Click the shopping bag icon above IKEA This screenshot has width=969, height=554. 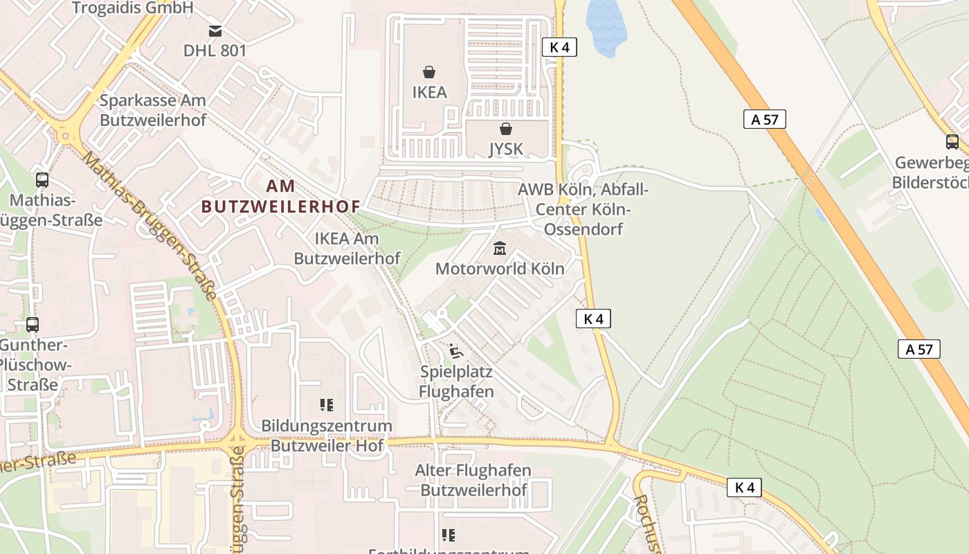click(429, 71)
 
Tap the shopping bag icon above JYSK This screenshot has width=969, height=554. click(506, 129)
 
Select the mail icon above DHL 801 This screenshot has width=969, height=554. click(215, 30)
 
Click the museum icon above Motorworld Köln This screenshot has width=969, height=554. click(499, 248)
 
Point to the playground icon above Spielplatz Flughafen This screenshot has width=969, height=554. click(455, 352)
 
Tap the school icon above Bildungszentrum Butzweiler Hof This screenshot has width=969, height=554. click(327, 405)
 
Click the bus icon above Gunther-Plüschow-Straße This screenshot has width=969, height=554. click(32, 324)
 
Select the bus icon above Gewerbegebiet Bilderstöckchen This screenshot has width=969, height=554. click(952, 142)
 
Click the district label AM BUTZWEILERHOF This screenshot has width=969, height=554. click(281, 196)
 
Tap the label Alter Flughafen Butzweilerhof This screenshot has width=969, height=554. click(473, 480)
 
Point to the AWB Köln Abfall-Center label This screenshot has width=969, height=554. click(583, 208)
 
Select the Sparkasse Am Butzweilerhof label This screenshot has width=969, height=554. click(153, 109)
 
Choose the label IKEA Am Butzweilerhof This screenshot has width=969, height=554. click(347, 248)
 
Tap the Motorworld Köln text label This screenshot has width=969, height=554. click(500, 268)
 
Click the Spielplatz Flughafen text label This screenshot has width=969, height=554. click(456, 382)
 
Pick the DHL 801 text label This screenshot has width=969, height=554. click(215, 51)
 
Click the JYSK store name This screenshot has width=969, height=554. click(506, 148)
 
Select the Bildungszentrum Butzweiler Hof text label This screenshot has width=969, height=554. click(327, 435)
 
